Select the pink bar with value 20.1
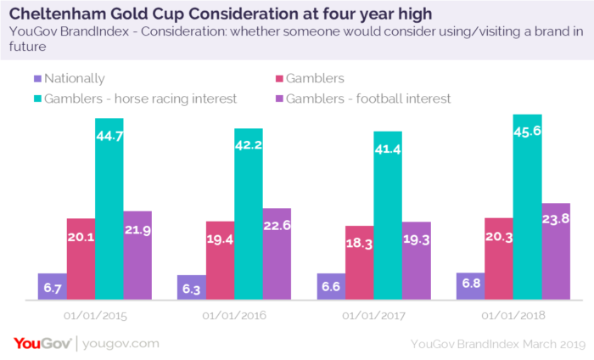pos(81,258)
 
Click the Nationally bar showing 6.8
pos(472,286)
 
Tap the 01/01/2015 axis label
pos(95,316)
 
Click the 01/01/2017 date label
pos(374,316)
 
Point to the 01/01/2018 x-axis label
pos(513,316)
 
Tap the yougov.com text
pos(121,343)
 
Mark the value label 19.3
pos(416,240)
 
